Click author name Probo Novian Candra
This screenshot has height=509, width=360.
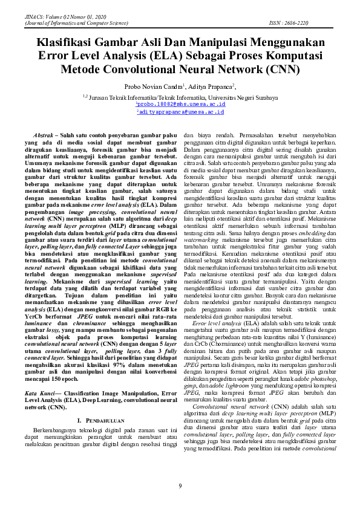154,86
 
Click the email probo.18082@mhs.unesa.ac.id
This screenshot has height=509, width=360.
180,104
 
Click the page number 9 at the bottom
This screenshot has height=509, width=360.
180,486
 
